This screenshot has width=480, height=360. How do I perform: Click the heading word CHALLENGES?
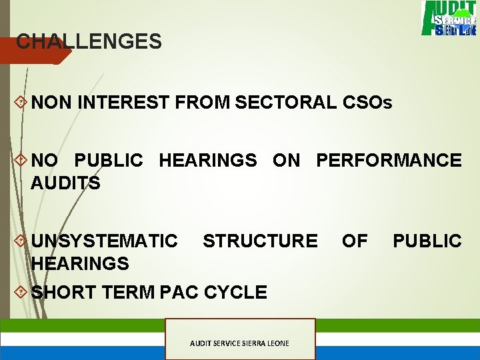89,42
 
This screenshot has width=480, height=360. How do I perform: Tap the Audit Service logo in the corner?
448,18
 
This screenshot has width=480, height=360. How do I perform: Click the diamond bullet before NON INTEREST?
20,103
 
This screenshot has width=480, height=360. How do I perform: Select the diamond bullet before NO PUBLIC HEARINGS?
20,161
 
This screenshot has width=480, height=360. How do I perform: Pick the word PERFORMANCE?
389,161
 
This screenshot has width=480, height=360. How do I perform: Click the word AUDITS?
65,183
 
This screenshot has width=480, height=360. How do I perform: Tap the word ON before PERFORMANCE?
286,161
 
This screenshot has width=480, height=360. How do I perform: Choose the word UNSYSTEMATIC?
105,241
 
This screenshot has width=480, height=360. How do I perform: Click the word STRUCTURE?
260,241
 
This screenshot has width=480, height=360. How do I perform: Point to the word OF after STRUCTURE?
355,241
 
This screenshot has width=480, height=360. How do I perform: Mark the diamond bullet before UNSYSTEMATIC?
20,241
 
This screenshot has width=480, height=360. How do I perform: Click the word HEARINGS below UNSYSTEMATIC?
80,263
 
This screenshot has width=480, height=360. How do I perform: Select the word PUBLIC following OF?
427,241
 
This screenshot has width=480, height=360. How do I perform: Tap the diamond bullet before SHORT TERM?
20,292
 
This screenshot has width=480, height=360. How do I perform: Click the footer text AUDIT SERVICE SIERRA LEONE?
239,343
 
